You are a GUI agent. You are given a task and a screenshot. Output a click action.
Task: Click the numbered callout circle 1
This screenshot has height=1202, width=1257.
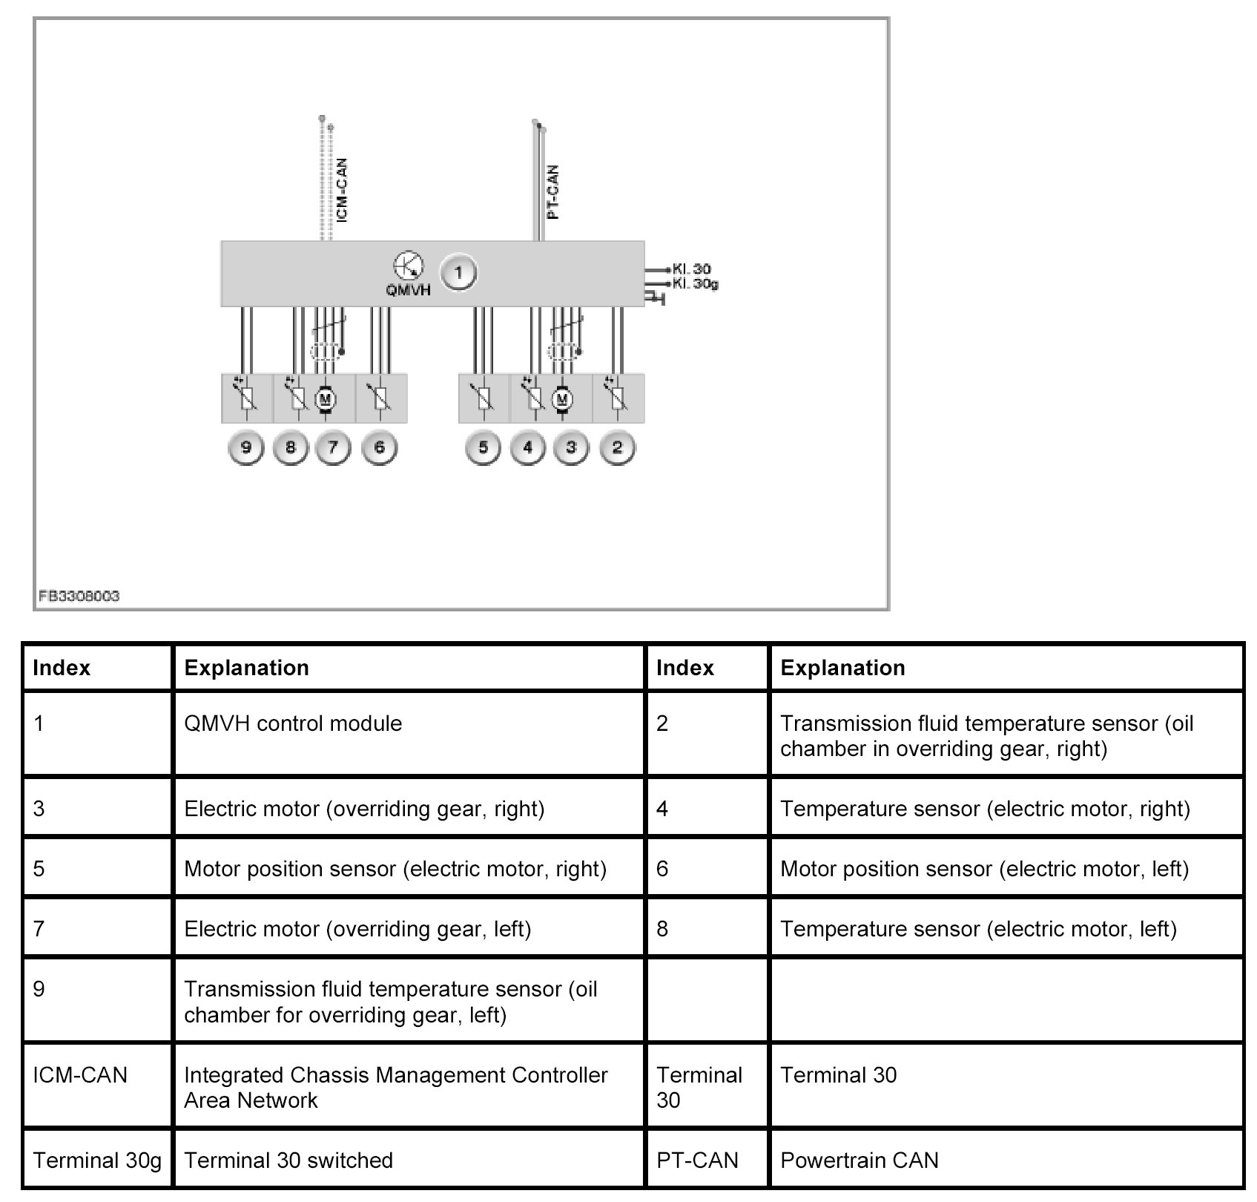(458, 274)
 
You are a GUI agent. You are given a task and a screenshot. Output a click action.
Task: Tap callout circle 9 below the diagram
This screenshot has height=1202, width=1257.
(246, 447)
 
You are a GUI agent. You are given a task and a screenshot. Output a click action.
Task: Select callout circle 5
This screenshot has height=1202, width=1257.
(483, 447)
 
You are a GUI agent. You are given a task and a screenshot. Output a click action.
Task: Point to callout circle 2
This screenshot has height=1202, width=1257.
(617, 447)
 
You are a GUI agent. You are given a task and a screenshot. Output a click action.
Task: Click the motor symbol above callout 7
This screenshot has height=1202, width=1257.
(325, 400)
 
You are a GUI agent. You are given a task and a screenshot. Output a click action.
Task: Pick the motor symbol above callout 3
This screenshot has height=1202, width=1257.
(562, 400)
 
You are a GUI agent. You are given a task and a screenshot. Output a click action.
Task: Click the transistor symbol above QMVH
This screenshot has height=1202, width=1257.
(408, 265)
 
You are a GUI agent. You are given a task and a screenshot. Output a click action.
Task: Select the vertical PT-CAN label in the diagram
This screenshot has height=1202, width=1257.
(553, 191)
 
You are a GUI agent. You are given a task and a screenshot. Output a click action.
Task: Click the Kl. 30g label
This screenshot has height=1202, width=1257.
(695, 283)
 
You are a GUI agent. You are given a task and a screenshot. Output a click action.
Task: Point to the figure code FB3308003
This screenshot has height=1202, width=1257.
(79, 596)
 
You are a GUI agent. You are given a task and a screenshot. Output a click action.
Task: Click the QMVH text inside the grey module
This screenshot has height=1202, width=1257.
(408, 290)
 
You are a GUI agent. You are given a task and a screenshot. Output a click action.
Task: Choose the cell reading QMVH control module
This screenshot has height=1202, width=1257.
(293, 723)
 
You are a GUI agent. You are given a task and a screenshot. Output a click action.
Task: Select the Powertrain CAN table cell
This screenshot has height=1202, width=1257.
(860, 1160)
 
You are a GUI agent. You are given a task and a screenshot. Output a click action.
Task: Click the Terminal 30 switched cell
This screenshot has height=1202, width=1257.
(288, 1160)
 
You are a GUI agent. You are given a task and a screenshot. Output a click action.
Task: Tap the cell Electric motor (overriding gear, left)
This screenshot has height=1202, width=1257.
(357, 929)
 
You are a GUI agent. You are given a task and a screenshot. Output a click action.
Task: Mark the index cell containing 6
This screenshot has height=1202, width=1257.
(662, 869)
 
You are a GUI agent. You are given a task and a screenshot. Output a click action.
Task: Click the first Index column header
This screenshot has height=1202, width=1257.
(62, 668)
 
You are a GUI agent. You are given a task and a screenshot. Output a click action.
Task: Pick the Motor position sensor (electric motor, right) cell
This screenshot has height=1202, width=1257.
(395, 869)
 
